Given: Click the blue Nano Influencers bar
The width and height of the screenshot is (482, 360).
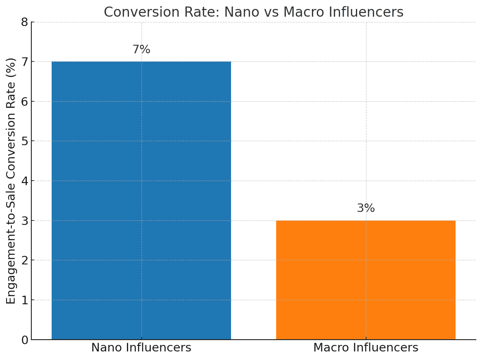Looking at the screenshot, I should [x=141, y=200].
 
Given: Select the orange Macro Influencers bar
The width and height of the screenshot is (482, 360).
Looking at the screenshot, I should [x=366, y=280].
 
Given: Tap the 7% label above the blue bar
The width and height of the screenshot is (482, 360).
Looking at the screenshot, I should [x=141, y=50].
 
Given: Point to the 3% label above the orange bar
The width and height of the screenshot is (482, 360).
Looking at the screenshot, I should [x=366, y=208].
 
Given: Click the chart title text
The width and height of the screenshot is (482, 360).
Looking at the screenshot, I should [x=253, y=12].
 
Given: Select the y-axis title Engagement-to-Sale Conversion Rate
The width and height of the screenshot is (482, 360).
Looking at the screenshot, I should [x=11, y=181].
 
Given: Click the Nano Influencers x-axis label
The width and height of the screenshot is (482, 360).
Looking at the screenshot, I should [x=141, y=348].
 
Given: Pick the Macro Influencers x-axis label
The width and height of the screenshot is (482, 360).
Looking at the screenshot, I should [x=366, y=348].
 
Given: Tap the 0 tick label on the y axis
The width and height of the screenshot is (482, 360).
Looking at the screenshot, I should [x=24, y=340].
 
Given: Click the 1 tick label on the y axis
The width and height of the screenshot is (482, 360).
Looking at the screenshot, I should [x=24, y=300].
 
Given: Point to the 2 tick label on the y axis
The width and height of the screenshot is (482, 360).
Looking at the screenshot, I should [x=24, y=260].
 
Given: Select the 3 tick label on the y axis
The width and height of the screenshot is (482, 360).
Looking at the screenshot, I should [x=24, y=221].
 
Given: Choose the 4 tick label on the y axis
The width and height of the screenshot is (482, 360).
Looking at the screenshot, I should [x=24, y=181].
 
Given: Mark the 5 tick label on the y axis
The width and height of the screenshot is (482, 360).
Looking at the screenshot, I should [x=24, y=141].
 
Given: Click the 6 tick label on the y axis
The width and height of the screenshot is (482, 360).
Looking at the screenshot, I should [x=24, y=102].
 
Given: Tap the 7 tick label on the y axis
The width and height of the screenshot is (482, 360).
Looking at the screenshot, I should [x=24, y=62].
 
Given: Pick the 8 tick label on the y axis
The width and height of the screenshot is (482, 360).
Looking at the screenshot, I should [x=24, y=22].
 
